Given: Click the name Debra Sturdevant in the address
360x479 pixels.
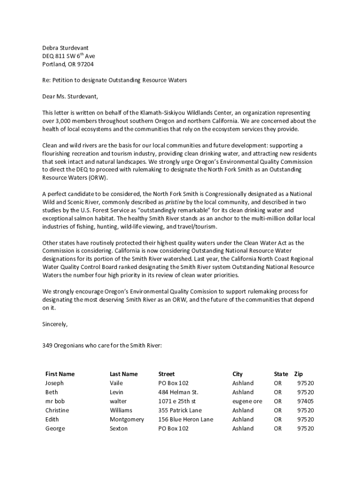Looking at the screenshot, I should pyautogui.click(x=65, y=48).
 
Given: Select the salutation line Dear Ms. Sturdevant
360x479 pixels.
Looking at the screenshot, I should pyautogui.click(x=71, y=97).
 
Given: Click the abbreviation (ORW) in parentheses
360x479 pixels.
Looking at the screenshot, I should pyautogui.click(x=96, y=178).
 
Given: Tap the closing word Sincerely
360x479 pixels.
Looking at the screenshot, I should pyautogui.click(x=55, y=324).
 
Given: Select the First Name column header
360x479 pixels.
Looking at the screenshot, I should pyautogui.click(x=60, y=374).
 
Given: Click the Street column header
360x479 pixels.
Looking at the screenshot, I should pyautogui.click(x=166, y=374).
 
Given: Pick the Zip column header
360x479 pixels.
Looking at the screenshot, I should pyautogui.click(x=298, y=374).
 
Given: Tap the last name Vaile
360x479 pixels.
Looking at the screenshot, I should pyautogui.click(x=116, y=383).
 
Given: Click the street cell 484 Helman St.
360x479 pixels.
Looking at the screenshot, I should pyautogui.click(x=178, y=392).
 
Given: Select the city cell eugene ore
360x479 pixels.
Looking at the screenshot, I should pyautogui.click(x=247, y=401).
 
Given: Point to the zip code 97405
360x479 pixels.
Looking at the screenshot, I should pyautogui.click(x=305, y=401).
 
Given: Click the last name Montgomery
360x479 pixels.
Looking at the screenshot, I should pyautogui.click(x=127, y=420).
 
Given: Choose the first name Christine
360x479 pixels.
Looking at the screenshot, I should pyautogui.click(x=57, y=410).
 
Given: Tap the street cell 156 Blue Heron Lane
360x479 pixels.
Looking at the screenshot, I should pyautogui.click(x=186, y=420).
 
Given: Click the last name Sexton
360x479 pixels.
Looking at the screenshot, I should pyautogui.click(x=118, y=428).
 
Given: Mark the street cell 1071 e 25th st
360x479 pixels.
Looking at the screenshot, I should pyautogui.click(x=177, y=401).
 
